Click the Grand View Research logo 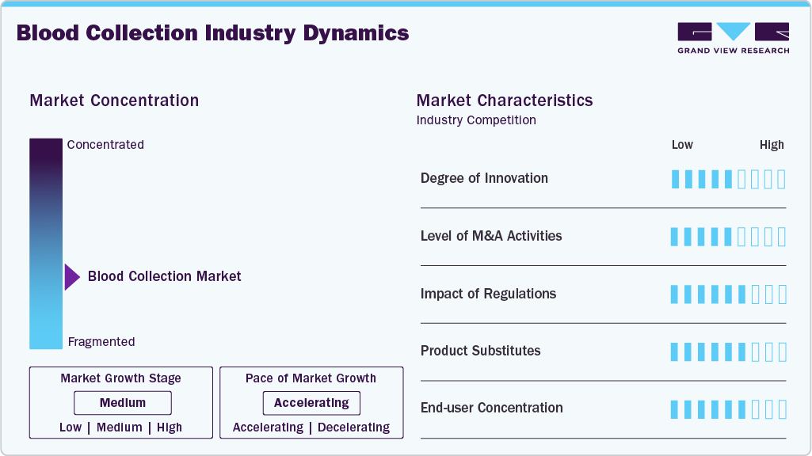tap(733, 38)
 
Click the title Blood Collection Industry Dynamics tap(212, 33)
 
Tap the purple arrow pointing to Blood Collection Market tap(72, 277)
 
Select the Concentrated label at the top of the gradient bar tap(105, 145)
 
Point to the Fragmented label tap(101, 342)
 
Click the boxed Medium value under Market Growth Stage tap(122, 403)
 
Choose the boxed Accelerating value tap(311, 403)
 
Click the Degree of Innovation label tap(484, 178)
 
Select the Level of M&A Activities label tap(491, 236)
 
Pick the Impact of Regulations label tap(488, 294)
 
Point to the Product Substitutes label tap(480, 351)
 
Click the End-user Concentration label tap(491, 408)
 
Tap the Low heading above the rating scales tap(682, 145)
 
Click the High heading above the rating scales tap(772, 145)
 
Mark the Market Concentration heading tap(114, 101)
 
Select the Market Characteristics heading tap(504, 101)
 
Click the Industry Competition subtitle tap(476, 120)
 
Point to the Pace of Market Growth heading tap(311, 378)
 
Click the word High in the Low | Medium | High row tap(170, 427)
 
